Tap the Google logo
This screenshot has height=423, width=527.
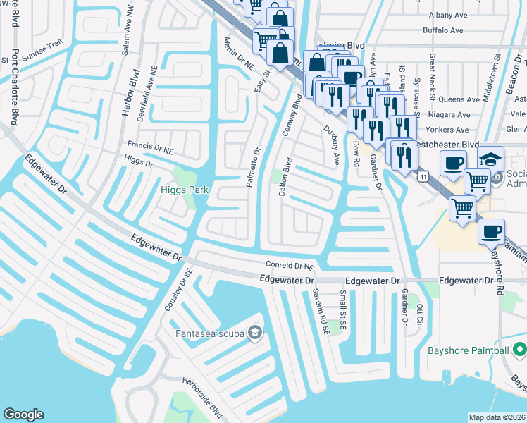point(23,415)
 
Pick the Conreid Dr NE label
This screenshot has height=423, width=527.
point(289,266)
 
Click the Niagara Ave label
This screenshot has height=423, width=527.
point(449,114)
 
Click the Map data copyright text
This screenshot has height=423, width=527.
point(495,417)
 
